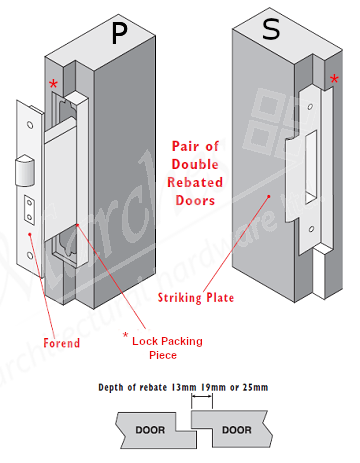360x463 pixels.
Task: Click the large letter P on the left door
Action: point(119,33)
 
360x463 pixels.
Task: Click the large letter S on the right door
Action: point(271,29)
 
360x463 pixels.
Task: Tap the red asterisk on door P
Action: point(53,84)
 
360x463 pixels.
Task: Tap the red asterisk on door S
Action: point(334,79)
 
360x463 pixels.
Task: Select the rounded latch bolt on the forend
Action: point(25,170)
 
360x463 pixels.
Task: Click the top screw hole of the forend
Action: point(30,125)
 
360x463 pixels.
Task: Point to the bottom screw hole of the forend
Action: point(30,256)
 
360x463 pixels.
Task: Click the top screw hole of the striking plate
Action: point(310,107)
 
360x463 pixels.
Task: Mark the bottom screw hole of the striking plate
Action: point(311,229)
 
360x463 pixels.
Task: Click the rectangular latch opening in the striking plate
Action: point(311,167)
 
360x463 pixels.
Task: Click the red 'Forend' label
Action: point(62,343)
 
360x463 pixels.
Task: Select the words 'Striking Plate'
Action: point(196,298)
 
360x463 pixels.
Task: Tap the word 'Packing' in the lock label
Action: point(183,341)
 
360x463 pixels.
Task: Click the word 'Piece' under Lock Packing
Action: point(163,355)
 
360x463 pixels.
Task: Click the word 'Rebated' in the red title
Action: point(195,182)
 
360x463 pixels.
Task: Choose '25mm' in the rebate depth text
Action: point(255,387)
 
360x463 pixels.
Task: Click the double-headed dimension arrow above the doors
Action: point(202,396)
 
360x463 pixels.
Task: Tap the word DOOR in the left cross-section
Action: point(150,430)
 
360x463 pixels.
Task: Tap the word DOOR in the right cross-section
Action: point(237,430)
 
